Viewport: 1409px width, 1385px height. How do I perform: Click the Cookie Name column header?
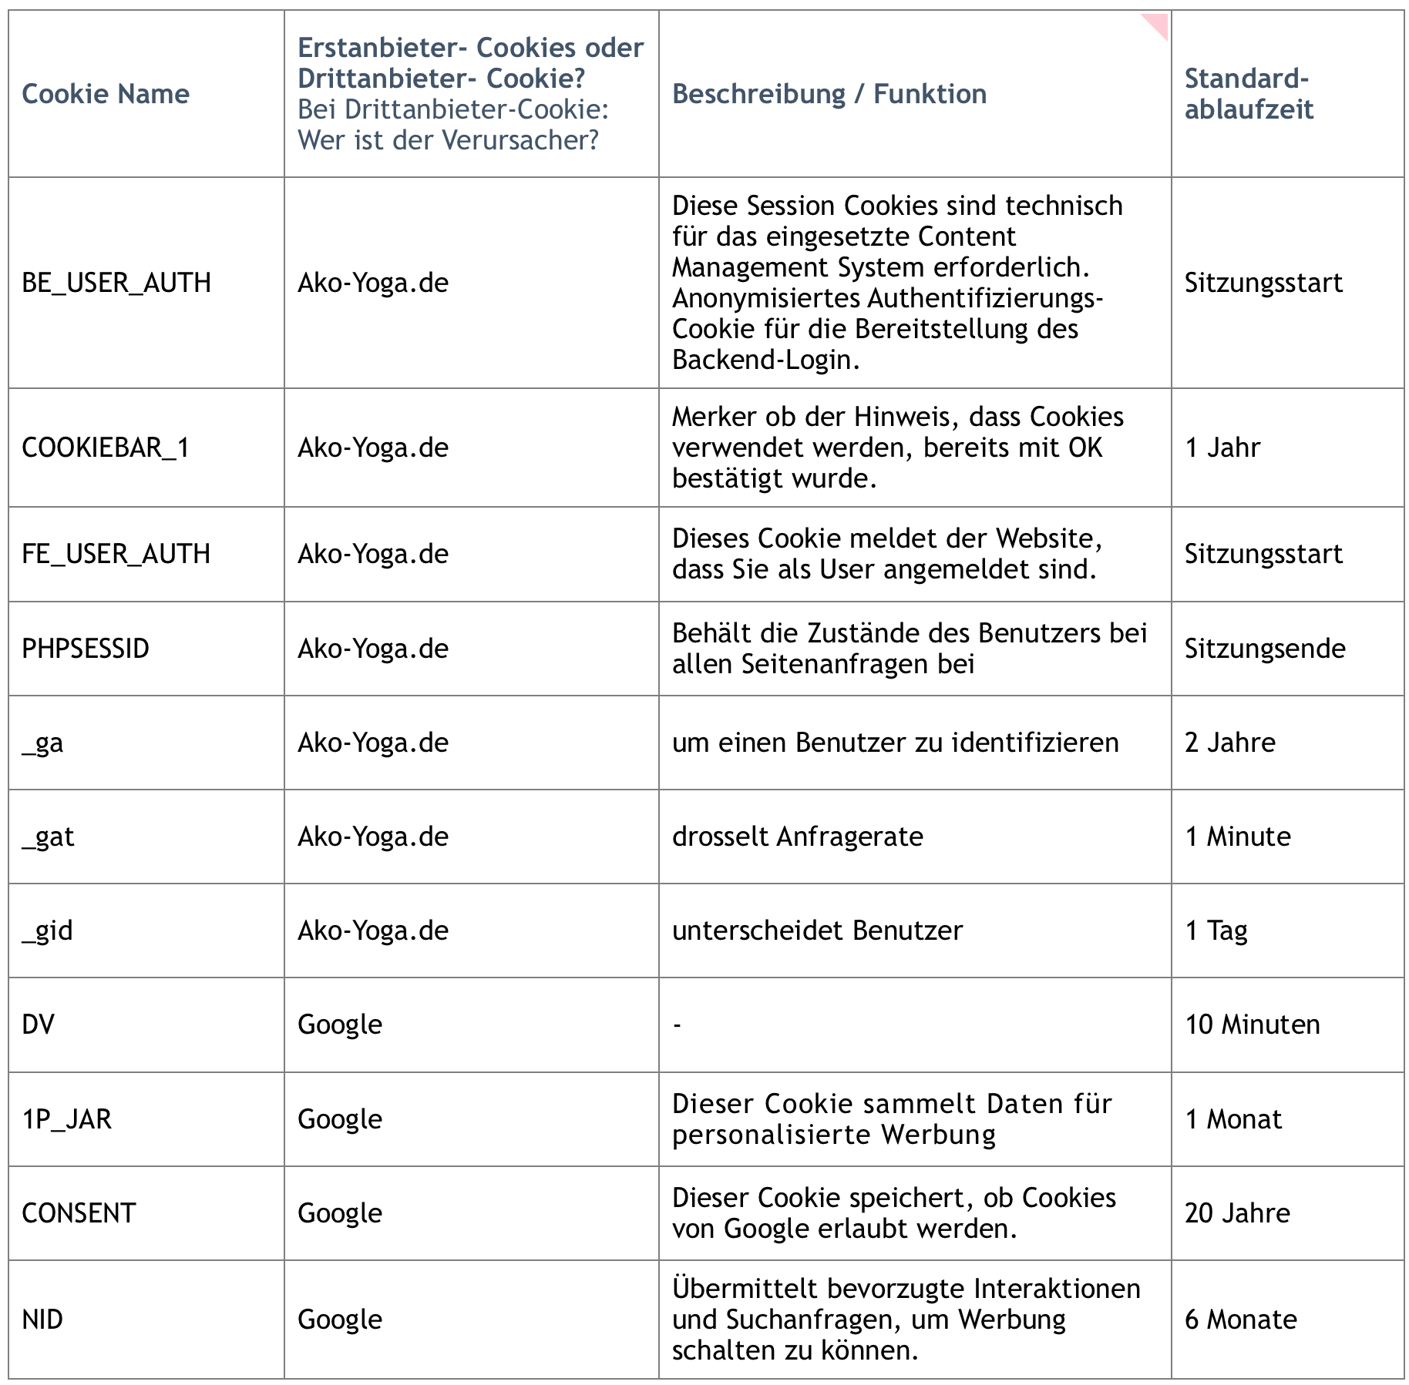coord(106,94)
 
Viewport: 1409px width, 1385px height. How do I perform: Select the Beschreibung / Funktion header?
coord(829,94)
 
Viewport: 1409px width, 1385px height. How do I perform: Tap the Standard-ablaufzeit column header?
coord(1248,94)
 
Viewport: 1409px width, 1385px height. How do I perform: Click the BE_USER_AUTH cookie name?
coord(116,283)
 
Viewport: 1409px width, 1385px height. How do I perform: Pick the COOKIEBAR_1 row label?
coord(106,448)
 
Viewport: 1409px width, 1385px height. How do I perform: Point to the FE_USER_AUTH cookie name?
coord(116,554)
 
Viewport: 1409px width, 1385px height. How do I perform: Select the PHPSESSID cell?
coord(86,649)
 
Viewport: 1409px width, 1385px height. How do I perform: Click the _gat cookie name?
coord(49,837)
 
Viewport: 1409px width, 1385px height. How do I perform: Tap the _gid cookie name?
coord(48,931)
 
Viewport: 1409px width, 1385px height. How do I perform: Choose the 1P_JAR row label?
coord(67,1118)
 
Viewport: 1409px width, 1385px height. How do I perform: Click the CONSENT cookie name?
coord(79,1212)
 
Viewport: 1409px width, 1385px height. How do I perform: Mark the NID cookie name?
coord(42,1319)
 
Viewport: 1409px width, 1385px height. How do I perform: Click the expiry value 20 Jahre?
coord(1237,1212)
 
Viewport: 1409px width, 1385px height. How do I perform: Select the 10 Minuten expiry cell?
coord(1252,1024)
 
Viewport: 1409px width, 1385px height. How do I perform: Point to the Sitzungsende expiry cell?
coord(1265,649)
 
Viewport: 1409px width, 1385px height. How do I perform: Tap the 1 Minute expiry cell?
coord(1237,837)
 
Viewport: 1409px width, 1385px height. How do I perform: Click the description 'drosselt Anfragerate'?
coord(797,837)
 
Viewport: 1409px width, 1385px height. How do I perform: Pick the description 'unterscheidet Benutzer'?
coord(817,931)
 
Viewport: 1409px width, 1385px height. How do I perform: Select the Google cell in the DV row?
coord(340,1024)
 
